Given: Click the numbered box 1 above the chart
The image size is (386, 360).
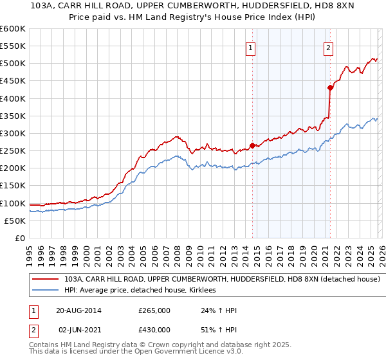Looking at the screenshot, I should (x=250, y=47).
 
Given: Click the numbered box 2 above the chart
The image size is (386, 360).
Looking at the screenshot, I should (x=328, y=47).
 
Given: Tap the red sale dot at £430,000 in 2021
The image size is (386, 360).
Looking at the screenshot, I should (x=330, y=87).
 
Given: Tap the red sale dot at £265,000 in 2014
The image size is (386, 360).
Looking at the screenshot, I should (x=252, y=145).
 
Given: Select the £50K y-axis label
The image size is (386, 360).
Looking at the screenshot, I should (x=15, y=221).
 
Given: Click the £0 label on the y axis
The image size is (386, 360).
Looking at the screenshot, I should (x=19, y=238).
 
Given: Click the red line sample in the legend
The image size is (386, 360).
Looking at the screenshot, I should (x=46, y=280).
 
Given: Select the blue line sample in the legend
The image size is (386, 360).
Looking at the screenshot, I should (x=46, y=291).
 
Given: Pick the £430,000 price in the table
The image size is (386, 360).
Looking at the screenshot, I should (x=154, y=332).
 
